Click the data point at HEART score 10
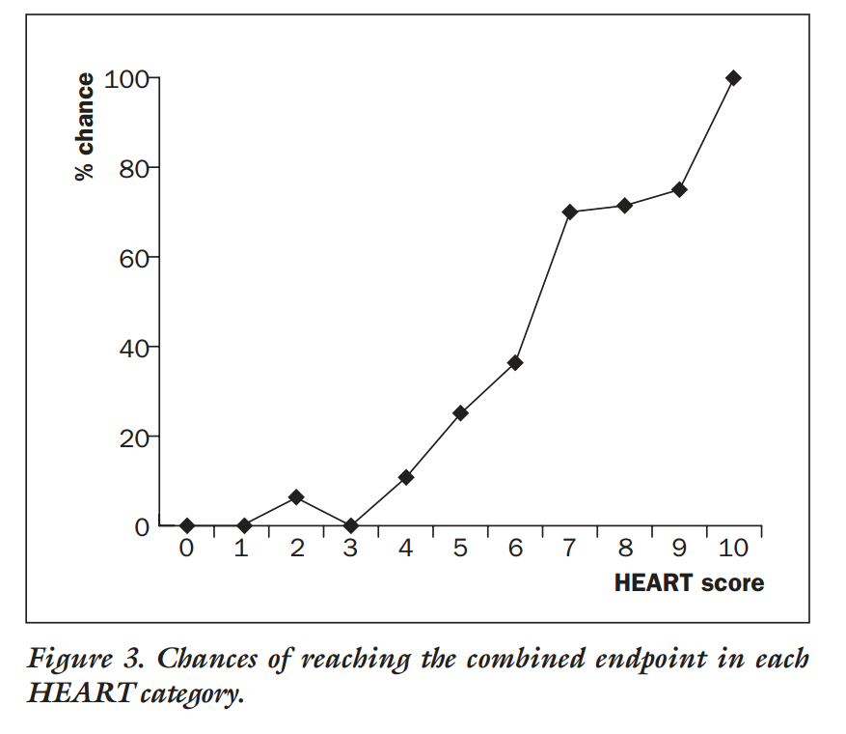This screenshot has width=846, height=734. pos(733,78)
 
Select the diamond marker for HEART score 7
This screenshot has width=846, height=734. pos(569,212)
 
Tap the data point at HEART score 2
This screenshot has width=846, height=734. pos(296,496)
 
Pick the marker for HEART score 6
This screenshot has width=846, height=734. pos(515,362)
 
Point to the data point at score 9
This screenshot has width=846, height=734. pos(679,189)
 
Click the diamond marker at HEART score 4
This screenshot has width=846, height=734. pos(406,477)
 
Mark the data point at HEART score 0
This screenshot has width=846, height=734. pos(187,525)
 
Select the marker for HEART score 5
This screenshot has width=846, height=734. pos(460,413)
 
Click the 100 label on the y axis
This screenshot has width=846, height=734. pos(124,78)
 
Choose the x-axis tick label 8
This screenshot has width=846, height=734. pos(624,549)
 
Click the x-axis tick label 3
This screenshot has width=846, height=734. pos(351,549)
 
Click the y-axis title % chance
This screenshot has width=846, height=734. pos(85,127)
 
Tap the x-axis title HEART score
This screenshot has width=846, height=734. pos(689,583)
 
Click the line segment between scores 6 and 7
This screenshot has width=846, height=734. pos(542,287)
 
